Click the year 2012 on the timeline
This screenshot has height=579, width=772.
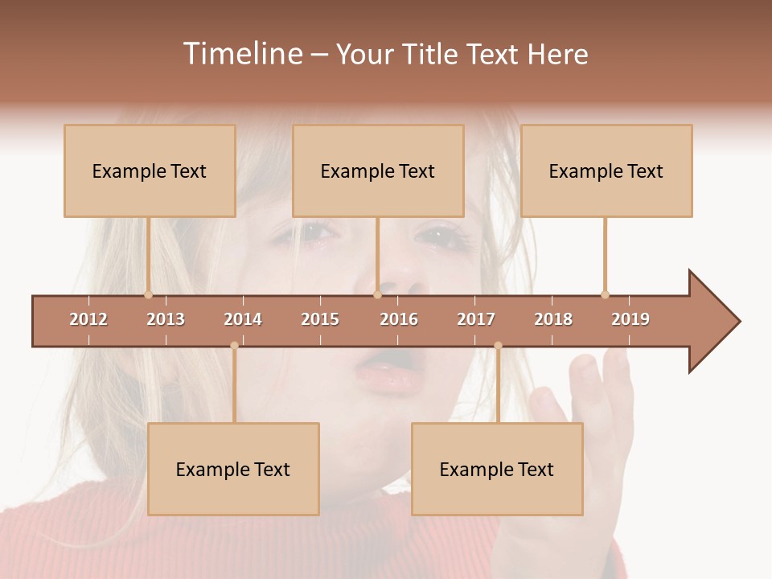pyautogui.click(x=88, y=319)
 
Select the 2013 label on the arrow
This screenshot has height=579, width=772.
pyautogui.click(x=166, y=319)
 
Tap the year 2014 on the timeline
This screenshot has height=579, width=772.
pyautogui.click(x=243, y=319)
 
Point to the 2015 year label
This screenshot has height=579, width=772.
pyautogui.click(x=320, y=319)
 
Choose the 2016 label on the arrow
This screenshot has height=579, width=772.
pyautogui.click(x=399, y=319)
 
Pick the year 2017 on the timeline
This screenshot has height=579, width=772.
pyautogui.click(x=476, y=319)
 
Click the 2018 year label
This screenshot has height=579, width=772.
pyautogui.click(x=553, y=319)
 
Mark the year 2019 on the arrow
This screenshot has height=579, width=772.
pyautogui.click(x=630, y=319)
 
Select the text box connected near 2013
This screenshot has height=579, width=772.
pyautogui.click(x=150, y=170)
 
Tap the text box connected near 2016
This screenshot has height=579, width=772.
pyautogui.click(x=378, y=170)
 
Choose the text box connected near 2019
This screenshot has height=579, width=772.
pyautogui.click(x=606, y=170)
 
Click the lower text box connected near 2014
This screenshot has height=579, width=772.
pyautogui.click(x=233, y=469)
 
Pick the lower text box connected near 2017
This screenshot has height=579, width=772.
pyautogui.click(x=497, y=469)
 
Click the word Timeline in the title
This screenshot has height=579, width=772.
pyautogui.click(x=242, y=54)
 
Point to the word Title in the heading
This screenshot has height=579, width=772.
pyautogui.click(x=431, y=54)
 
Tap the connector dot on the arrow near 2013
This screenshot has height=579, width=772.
pyautogui.click(x=148, y=294)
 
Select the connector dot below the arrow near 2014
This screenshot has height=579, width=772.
pyautogui.click(x=234, y=346)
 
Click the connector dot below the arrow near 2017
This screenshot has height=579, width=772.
pyautogui.click(x=498, y=346)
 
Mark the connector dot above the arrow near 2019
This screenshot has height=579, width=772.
pyautogui.click(x=605, y=294)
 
